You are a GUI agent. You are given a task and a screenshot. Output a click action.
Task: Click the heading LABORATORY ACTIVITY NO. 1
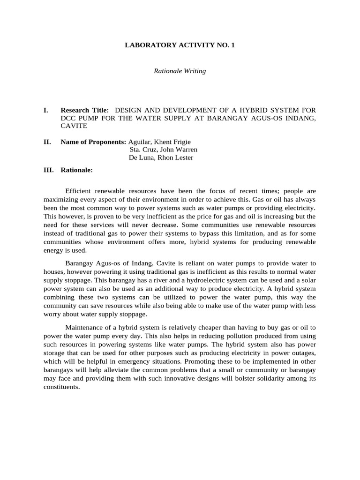click(x=180, y=46)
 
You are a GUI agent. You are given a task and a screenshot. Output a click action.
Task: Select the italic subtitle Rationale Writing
click(x=180, y=71)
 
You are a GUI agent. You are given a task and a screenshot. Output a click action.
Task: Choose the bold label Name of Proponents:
click(x=93, y=142)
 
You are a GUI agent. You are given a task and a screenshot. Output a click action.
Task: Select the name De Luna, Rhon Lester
click(x=161, y=158)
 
